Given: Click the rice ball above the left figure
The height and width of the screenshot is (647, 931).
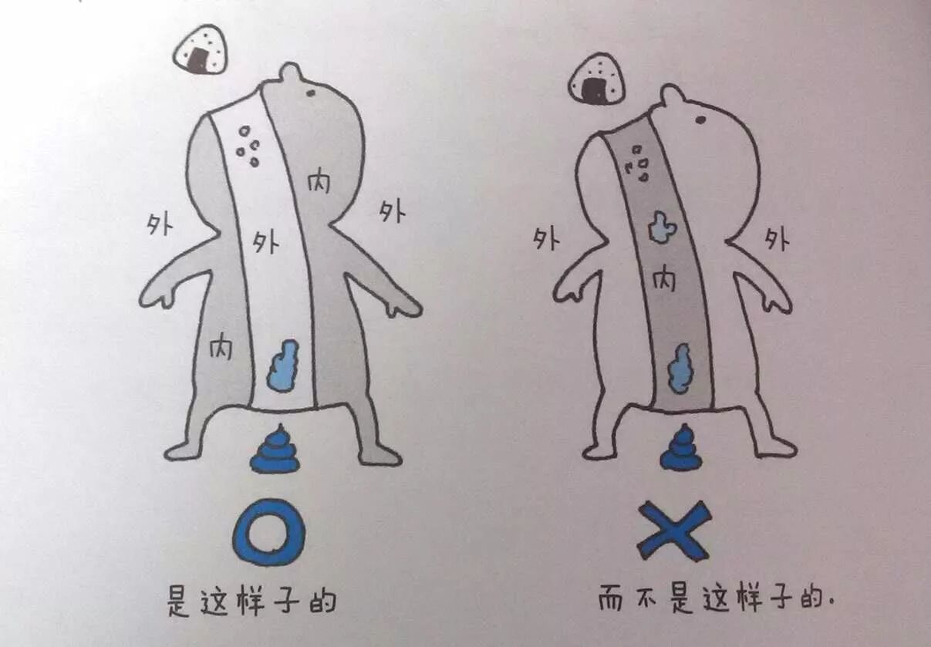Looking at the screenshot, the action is click(x=201, y=49).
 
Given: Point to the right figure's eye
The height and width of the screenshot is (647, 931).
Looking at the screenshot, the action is click(x=700, y=120).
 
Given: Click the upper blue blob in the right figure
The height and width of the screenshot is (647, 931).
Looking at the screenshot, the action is click(x=662, y=227).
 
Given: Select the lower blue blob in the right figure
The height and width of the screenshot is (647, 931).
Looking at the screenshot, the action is click(x=679, y=368).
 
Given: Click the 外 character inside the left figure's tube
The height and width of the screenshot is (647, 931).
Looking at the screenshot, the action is click(x=265, y=242).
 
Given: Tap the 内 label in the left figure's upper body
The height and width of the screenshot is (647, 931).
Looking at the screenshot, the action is click(x=319, y=182).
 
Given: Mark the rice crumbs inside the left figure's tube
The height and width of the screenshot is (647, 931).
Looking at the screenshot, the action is click(x=248, y=147).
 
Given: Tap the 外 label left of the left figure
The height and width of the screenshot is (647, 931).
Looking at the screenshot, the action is click(x=159, y=225).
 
